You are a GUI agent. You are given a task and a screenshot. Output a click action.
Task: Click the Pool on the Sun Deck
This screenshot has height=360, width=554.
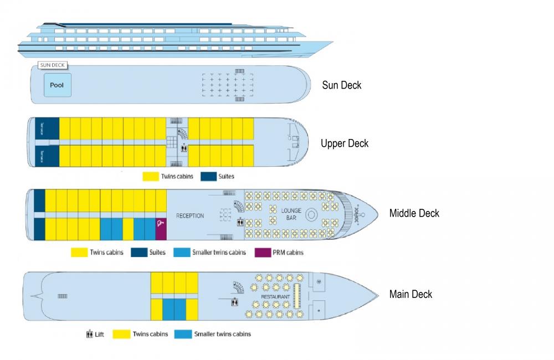click(x=57, y=86)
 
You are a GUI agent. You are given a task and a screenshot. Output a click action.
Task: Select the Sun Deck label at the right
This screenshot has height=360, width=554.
click(x=342, y=85)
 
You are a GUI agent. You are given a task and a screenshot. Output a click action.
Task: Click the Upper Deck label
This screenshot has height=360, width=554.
click(x=344, y=143)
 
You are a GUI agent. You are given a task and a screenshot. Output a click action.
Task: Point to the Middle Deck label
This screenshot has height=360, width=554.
click(x=414, y=213)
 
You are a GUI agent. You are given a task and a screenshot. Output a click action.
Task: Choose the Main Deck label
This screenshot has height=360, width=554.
click(x=411, y=294)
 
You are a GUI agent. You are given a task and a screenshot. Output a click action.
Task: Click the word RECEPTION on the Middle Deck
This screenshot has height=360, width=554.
click(x=190, y=215)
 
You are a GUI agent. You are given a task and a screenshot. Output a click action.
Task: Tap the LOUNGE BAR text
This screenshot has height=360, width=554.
click(x=291, y=215)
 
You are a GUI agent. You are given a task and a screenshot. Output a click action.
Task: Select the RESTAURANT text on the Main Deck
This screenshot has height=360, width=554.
click(x=275, y=297)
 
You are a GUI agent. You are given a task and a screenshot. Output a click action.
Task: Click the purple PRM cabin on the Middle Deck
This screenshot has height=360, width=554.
click(x=161, y=228)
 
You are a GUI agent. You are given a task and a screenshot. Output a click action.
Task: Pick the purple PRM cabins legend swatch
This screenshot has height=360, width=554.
click(x=262, y=252)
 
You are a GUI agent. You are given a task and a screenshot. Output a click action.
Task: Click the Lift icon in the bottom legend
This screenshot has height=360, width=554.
click(x=89, y=334)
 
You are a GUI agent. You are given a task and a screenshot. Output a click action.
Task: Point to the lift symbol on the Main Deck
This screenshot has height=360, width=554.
click(x=235, y=302)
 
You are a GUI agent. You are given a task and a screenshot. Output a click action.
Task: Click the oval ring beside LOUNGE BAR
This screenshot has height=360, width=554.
click(x=311, y=214)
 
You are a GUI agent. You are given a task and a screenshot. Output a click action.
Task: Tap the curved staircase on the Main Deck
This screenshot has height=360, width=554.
click(x=237, y=287)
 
